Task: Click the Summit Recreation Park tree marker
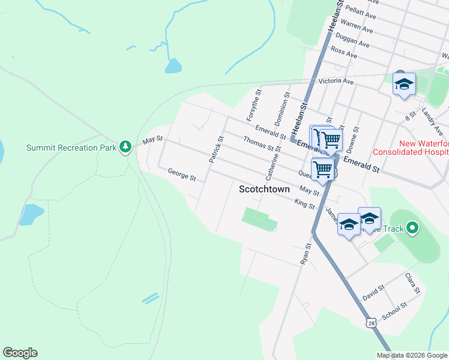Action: [125, 146]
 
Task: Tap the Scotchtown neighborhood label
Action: [264, 189]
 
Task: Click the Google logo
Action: [20, 353]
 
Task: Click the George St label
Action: [182, 175]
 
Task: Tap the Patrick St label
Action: [215, 149]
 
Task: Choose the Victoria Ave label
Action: [336, 81]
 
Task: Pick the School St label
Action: [394, 310]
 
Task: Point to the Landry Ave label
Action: [432, 117]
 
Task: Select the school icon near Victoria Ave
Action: [404, 84]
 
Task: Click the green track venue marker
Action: [412, 228]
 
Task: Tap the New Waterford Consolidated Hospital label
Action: [411, 148]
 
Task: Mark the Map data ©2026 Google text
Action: [412, 355]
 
